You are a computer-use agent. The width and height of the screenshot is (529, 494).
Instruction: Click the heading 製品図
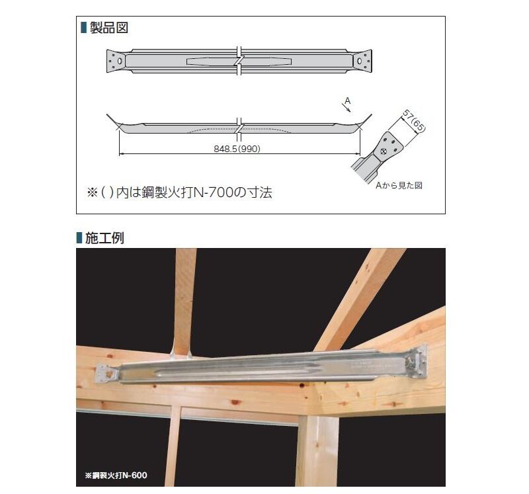tap(109, 28)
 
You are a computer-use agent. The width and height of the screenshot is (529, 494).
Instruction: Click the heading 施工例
tap(104, 238)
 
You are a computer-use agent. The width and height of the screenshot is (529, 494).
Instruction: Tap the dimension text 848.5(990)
tap(237, 149)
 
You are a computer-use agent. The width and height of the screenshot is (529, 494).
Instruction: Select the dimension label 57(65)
tap(415, 121)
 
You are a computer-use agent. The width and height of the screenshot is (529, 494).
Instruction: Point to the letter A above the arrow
tap(348, 101)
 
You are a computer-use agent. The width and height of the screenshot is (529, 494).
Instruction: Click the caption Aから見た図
tap(399, 185)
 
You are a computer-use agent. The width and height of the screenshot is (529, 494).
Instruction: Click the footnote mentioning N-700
tap(179, 192)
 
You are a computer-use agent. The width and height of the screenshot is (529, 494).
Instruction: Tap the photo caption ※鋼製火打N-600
tap(116, 475)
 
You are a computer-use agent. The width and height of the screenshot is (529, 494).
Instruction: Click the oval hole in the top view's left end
tap(119, 61)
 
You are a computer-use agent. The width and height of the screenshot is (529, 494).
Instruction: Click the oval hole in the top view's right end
tap(360, 61)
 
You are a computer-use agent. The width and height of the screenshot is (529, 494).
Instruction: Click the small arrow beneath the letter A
tap(347, 108)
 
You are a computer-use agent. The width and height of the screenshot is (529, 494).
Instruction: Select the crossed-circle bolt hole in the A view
tap(384, 151)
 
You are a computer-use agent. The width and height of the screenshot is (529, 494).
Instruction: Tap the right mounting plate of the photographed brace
tap(417, 362)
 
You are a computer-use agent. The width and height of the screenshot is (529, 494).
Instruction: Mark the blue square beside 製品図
tap(84, 28)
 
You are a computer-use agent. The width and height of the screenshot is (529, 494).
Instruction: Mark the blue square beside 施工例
tap(79, 238)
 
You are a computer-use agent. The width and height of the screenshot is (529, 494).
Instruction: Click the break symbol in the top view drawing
tap(239, 61)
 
